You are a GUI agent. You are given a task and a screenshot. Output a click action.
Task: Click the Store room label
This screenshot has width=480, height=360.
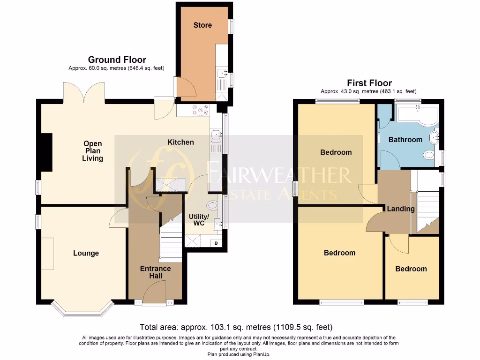click(202, 25)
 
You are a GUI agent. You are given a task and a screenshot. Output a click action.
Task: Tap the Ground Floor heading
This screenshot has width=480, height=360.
click(117, 60)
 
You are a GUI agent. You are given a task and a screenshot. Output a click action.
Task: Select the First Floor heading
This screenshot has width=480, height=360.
click(369, 83)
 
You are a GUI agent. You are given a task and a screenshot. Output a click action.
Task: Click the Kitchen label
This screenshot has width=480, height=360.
click(180, 142)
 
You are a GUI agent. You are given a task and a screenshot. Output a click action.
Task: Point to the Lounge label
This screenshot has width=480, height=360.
click(86, 253)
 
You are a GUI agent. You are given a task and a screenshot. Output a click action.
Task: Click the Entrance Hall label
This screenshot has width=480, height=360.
click(156, 272)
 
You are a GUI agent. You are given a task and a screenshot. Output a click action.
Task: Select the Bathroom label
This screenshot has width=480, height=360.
click(405, 139)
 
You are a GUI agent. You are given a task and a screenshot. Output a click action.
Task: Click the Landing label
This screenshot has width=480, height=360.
click(400, 209)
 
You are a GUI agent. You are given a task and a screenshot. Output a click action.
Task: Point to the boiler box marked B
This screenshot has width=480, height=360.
click(216, 243)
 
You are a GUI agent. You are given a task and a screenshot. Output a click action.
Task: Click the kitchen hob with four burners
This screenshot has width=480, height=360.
click(200, 110)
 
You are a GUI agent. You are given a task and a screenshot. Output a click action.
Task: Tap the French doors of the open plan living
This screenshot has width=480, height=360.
click(84, 92)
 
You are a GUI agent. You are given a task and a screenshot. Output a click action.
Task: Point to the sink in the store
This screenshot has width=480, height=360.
click(221, 73)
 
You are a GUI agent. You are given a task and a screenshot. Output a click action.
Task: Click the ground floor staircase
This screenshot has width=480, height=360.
click(171, 241)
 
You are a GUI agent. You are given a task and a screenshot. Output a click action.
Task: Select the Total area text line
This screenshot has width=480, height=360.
click(236, 327)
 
